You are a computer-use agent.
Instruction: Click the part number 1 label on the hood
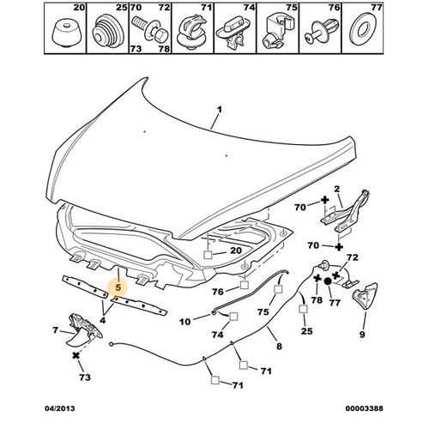click(x=219, y=109)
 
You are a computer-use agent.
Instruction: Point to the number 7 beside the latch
click(x=55, y=329)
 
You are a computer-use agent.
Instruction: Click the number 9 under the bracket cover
click(x=363, y=334)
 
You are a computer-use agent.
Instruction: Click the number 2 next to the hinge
click(x=339, y=189)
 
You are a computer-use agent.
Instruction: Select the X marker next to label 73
click(x=76, y=354)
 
